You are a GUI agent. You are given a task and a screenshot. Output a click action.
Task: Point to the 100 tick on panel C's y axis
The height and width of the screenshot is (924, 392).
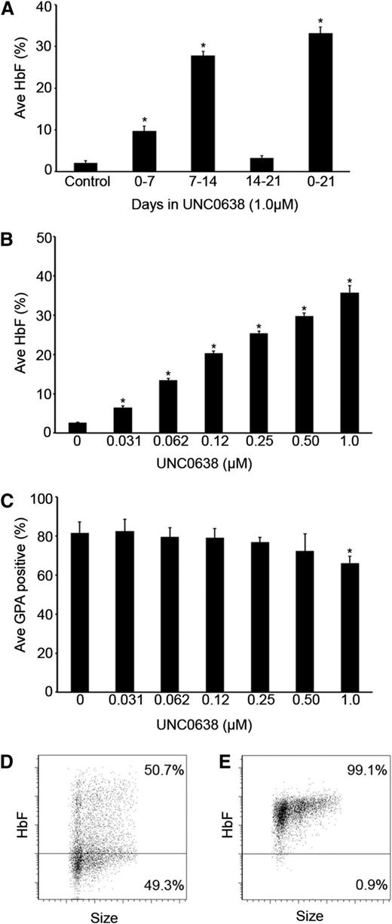pyautogui.click(x=45, y=498)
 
